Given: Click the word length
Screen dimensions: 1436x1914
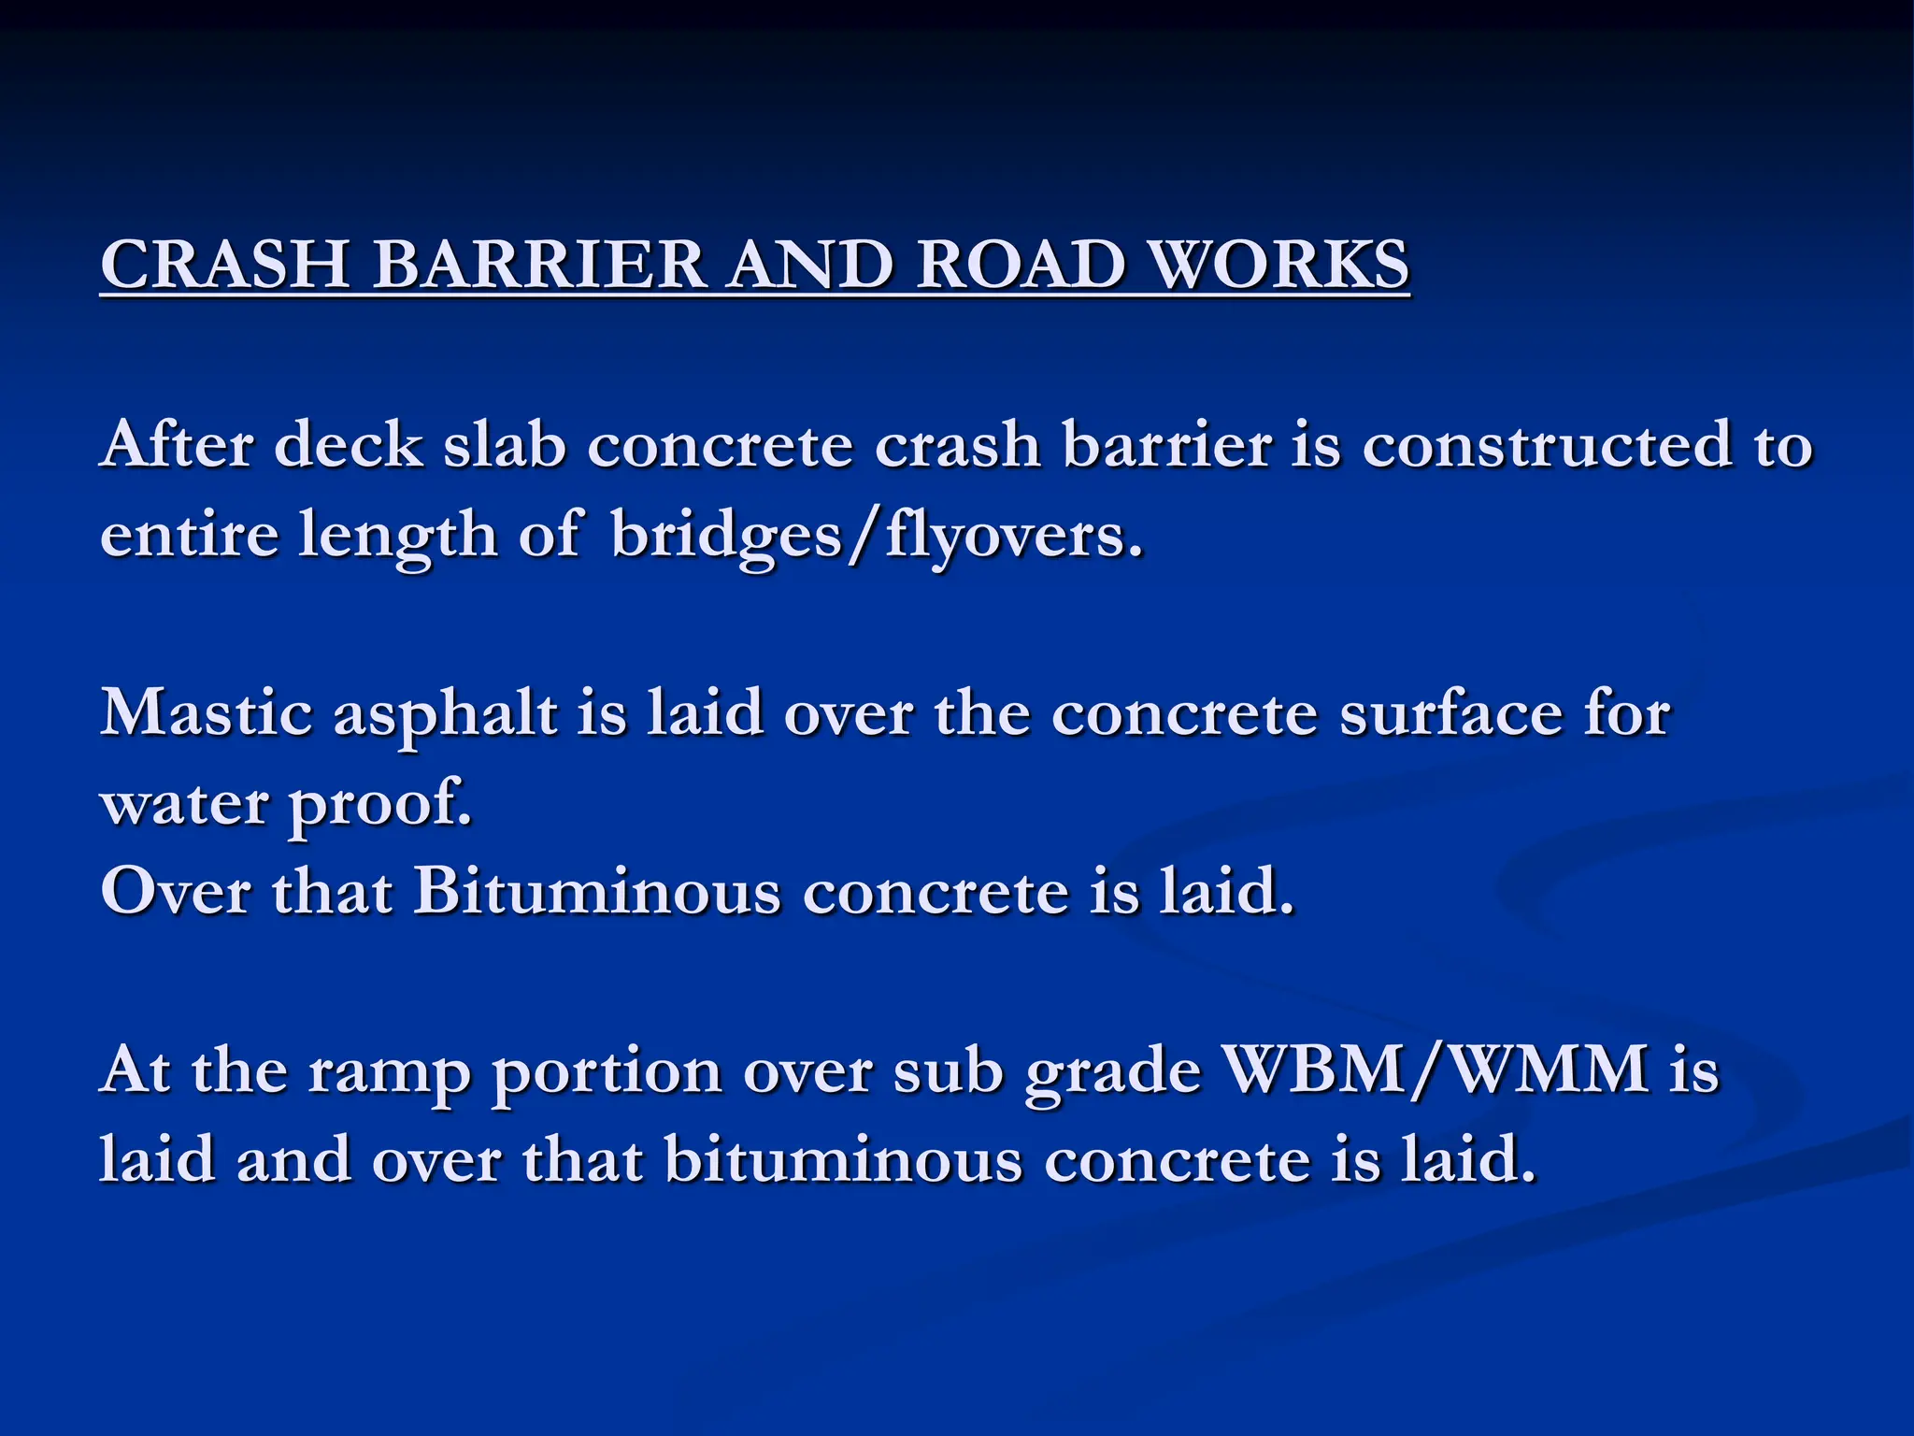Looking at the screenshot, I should [398, 537].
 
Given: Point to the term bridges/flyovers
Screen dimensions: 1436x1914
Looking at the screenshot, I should [877, 537].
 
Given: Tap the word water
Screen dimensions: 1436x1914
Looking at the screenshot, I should [184, 803].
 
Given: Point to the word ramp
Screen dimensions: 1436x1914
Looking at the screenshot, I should [388, 1072].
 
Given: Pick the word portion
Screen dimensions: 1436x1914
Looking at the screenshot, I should [607, 1072].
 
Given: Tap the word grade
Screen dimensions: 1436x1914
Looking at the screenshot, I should [1112, 1072].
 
